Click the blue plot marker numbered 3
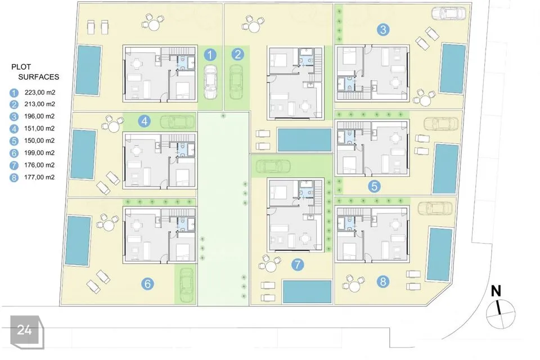tap(383, 30)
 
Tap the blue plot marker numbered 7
tap(297, 264)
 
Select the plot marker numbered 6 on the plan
tap(147, 283)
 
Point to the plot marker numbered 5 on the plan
tap(374, 186)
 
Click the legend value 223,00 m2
tap(40, 92)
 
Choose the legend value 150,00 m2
tap(39, 141)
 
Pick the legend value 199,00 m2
tap(39, 152)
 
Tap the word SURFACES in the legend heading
tap(39, 77)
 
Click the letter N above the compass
tap(496, 291)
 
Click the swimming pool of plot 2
tap(304, 140)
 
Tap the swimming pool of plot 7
tap(307, 291)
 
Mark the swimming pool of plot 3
tap(452, 69)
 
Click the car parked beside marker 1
tap(210, 82)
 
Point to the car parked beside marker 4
tap(177, 121)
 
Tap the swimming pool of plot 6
tap(79, 241)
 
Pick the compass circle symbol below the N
tap(501, 314)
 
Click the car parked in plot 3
tap(448, 13)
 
